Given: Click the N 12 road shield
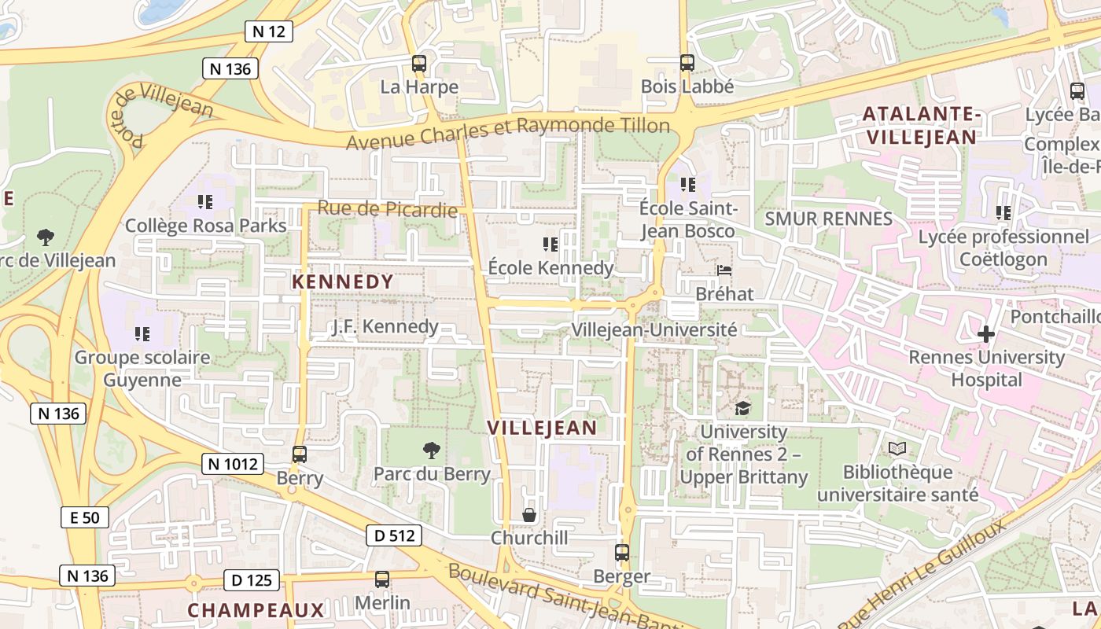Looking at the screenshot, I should pyautogui.click(x=268, y=31).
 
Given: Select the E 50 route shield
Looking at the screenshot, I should pyautogui.click(x=84, y=517).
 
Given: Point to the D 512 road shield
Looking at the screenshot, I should pyautogui.click(x=394, y=536).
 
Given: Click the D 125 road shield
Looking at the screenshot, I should pyautogui.click(x=252, y=581).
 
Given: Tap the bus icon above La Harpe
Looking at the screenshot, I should pyautogui.click(x=419, y=64).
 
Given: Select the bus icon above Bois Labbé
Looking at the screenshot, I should pyautogui.click(x=687, y=63).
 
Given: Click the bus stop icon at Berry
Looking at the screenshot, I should pyautogui.click(x=300, y=454).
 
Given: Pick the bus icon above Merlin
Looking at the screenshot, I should pyautogui.click(x=382, y=579).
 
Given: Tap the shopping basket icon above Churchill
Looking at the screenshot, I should pyautogui.click(x=529, y=515).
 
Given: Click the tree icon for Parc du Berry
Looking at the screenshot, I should pyautogui.click(x=432, y=451).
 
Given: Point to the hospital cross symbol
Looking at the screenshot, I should pyautogui.click(x=985, y=334).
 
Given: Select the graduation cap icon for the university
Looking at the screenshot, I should pyautogui.click(x=742, y=408).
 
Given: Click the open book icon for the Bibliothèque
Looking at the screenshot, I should pyautogui.click(x=897, y=449).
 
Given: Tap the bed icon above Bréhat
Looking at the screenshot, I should pyautogui.click(x=724, y=271).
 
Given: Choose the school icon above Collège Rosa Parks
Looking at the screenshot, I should pyautogui.click(x=205, y=202).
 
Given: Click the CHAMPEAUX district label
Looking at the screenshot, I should pyautogui.click(x=256, y=610).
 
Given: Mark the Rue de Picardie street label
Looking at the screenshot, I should pyautogui.click(x=387, y=209).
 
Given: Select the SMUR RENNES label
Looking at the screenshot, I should pyautogui.click(x=828, y=219).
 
